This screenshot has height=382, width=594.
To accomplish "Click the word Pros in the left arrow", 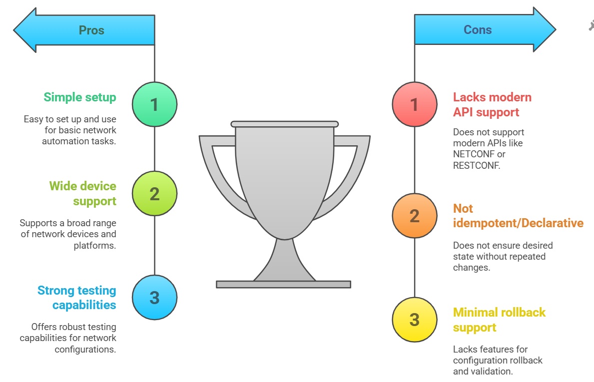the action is pyautogui.click(x=91, y=30).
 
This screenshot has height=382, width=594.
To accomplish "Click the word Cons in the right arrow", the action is pyautogui.click(x=477, y=30).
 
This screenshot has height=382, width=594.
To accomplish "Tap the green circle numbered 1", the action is pyautogui.click(x=154, y=104).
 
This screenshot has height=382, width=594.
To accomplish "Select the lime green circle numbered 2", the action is pyautogui.click(x=154, y=193).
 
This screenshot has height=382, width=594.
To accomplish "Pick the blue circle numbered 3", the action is pyautogui.click(x=154, y=298).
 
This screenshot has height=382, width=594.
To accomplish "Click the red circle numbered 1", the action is pyautogui.click(x=415, y=104).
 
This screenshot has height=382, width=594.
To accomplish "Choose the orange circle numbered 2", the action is pyautogui.click(x=415, y=216).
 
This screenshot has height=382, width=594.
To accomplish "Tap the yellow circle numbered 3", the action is pyautogui.click(x=415, y=320).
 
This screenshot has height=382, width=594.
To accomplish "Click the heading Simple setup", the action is pyautogui.click(x=80, y=97).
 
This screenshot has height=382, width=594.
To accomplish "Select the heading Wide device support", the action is pyautogui.click(x=83, y=193).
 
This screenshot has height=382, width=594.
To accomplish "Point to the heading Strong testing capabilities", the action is pyautogui.click(x=77, y=298).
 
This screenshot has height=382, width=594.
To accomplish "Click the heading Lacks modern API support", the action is pyautogui.click(x=492, y=104).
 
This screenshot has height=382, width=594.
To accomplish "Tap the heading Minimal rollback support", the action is pyautogui.click(x=499, y=320).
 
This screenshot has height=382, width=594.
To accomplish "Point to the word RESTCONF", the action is pyautogui.click(x=477, y=165).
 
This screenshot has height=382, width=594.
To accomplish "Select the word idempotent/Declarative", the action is pyautogui.click(x=518, y=223).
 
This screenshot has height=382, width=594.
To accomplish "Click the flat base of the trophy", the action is pyautogui.click(x=283, y=284).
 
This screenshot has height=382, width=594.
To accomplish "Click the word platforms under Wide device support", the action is pyautogui.click(x=95, y=246).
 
